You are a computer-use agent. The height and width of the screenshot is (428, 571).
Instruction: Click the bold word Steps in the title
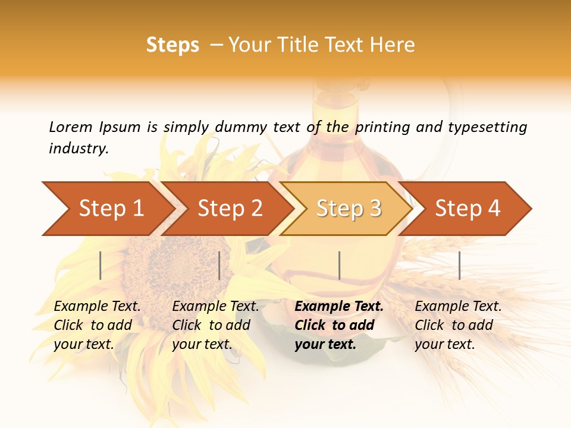click(x=172, y=45)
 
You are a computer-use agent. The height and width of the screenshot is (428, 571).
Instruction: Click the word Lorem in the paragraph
click(x=71, y=127)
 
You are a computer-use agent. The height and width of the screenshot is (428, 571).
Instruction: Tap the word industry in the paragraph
click(x=78, y=149)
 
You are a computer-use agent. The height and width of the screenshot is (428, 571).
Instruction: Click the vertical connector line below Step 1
click(x=101, y=265)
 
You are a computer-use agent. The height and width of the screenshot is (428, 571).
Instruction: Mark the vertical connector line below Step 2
click(x=219, y=265)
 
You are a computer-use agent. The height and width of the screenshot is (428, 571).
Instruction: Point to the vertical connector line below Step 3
click(x=339, y=265)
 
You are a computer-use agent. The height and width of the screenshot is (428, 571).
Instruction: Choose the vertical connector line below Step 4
click(x=459, y=265)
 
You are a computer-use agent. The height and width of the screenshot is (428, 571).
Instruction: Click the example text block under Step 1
click(x=97, y=325)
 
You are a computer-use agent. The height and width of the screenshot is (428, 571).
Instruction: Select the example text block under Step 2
click(x=215, y=325)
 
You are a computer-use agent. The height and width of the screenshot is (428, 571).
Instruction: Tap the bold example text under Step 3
click(x=338, y=325)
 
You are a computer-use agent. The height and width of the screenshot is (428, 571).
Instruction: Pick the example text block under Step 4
click(x=458, y=325)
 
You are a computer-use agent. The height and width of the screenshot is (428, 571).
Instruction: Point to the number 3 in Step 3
click(x=375, y=209)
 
